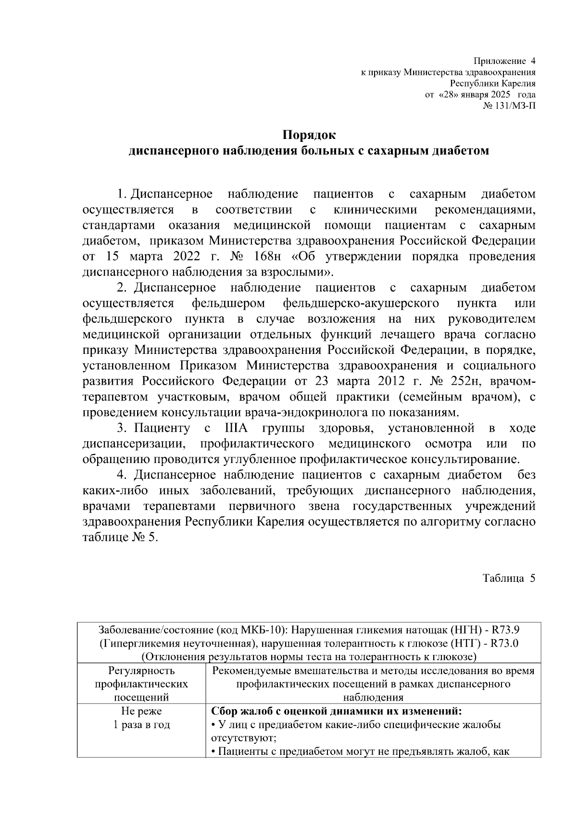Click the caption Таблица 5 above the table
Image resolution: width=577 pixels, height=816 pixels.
[509, 578]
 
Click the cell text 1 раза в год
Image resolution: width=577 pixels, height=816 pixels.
[141, 725]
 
